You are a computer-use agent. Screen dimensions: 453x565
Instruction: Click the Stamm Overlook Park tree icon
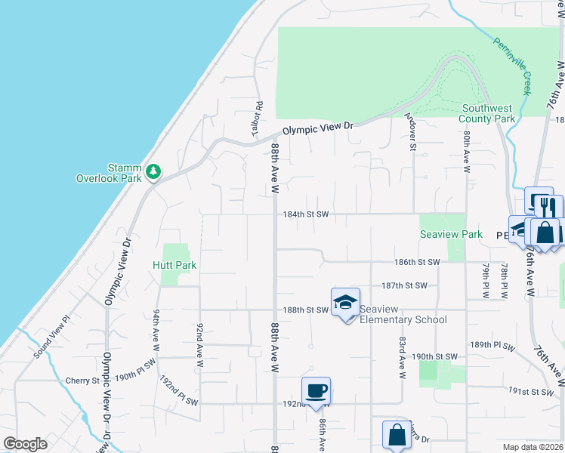153,171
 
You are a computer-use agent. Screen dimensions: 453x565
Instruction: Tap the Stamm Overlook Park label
115,173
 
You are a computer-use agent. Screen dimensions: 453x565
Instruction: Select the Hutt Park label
174,266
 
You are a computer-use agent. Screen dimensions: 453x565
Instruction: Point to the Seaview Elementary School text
403,314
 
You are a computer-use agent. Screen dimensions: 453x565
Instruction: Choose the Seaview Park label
451,235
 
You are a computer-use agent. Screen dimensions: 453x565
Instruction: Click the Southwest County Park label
488,113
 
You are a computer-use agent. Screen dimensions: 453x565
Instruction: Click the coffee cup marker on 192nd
316,391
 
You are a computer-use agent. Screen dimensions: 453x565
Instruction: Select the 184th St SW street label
306,214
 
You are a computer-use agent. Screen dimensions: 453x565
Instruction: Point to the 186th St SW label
416,262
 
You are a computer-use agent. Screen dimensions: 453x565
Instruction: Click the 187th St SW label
404,285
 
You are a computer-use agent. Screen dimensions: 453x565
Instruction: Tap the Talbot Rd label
258,119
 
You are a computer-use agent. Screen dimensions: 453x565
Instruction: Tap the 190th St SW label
435,356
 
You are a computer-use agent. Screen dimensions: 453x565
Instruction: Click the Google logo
26,444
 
